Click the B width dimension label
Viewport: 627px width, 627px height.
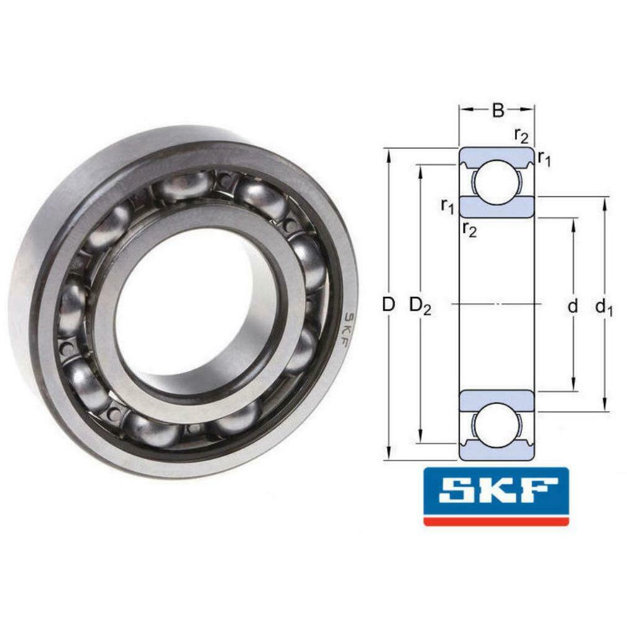(498, 110)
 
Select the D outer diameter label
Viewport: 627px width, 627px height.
(388, 304)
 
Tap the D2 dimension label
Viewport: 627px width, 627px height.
(420, 306)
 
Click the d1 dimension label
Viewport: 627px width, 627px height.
(603, 306)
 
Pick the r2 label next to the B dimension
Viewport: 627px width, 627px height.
(521, 134)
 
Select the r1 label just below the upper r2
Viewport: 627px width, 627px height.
(544, 160)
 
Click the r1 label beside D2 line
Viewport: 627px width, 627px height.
(447, 205)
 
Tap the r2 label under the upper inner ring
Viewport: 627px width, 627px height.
(469, 231)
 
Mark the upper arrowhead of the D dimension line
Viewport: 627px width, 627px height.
(389, 153)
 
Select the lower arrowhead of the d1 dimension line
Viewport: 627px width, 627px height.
(605, 407)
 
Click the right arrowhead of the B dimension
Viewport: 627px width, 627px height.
(530, 109)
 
